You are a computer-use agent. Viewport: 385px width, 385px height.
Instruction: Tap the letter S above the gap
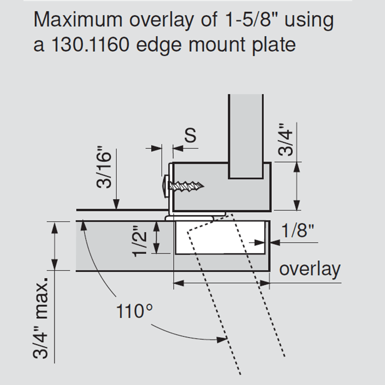190,135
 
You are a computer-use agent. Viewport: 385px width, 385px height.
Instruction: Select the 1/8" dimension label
298,230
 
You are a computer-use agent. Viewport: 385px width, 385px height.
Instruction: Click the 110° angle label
134,311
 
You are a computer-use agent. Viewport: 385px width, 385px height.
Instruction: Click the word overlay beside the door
310,269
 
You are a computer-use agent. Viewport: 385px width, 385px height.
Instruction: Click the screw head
166,186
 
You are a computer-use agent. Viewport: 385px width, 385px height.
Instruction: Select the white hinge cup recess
220,237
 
